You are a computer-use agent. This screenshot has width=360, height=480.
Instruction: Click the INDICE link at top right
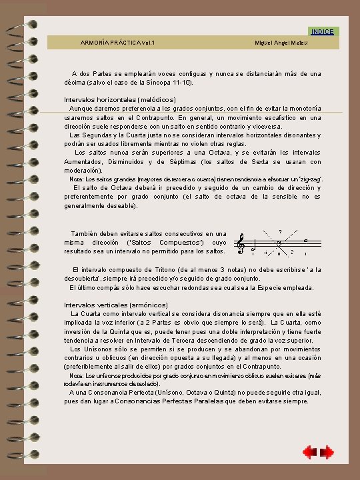click(x=323, y=31)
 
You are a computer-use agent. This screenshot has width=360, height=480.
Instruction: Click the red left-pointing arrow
click(x=309, y=453)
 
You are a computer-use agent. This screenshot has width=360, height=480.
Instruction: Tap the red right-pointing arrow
click(x=327, y=453)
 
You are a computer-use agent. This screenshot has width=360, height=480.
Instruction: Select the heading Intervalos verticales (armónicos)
click(x=107, y=305)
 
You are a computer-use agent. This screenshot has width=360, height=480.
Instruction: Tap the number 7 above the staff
click(x=280, y=231)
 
